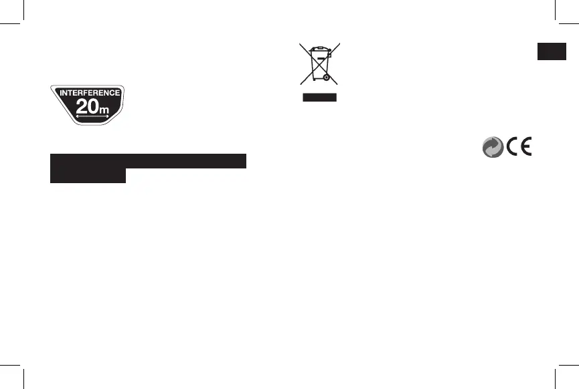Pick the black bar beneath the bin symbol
319,98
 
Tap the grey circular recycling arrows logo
491,148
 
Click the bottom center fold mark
290,378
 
